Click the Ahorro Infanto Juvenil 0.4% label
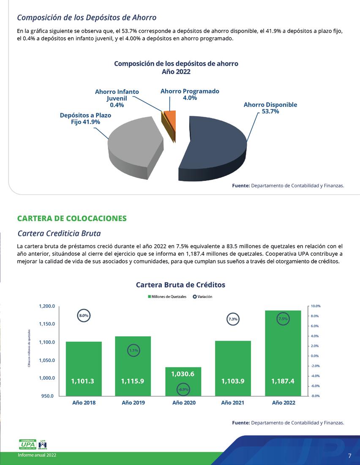tap(117, 98)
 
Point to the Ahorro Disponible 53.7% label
tap(270, 108)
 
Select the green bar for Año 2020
tap(183, 380)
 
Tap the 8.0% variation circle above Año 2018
tap(84, 315)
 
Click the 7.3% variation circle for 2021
tap(233, 319)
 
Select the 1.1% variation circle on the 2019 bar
tap(134, 350)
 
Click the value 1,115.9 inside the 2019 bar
tap(133, 381)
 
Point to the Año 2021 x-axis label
tap(233, 403)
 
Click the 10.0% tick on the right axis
tap(316, 306)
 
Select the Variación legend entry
tap(202, 297)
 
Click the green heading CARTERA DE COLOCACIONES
tap(72, 219)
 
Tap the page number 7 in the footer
tap(349, 456)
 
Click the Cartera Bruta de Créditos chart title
tap(180, 285)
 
